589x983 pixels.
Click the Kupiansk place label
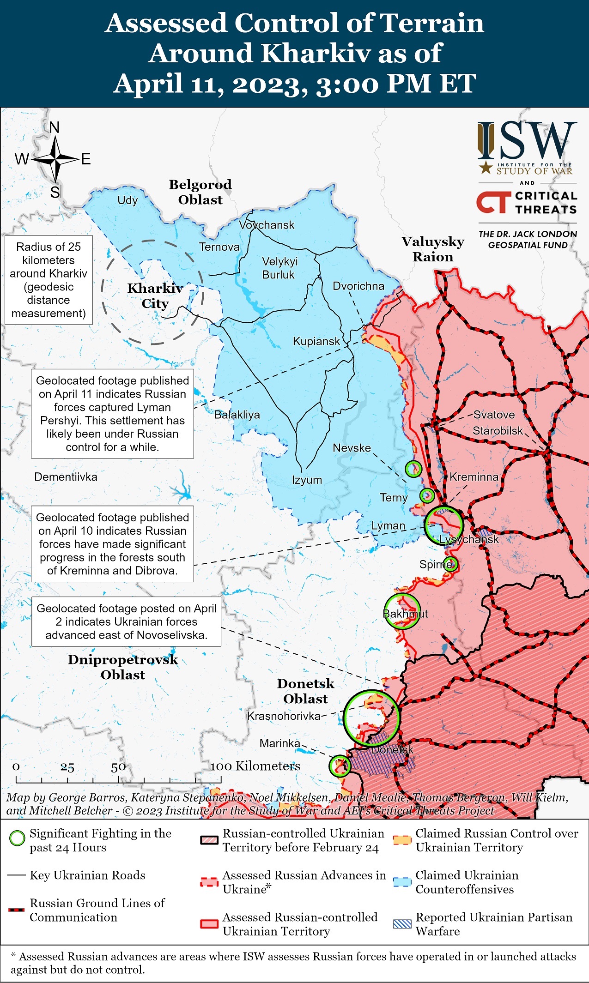316,341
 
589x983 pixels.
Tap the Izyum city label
307,480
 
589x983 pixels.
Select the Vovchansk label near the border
267,225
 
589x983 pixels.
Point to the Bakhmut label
405,614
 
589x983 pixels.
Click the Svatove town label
494,415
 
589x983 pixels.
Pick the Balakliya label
237,415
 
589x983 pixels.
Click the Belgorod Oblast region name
200,192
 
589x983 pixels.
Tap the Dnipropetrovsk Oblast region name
122,667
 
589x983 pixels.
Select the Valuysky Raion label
432,249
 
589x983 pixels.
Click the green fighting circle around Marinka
340,766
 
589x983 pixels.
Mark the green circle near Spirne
450,564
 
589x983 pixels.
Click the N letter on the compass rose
55,127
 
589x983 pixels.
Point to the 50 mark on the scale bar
118,767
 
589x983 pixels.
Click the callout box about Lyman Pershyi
112,414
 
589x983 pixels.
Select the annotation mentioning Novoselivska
126,621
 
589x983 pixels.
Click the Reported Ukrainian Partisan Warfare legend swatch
401,924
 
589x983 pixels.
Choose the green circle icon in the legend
17,838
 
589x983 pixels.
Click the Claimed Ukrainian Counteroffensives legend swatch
401,882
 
